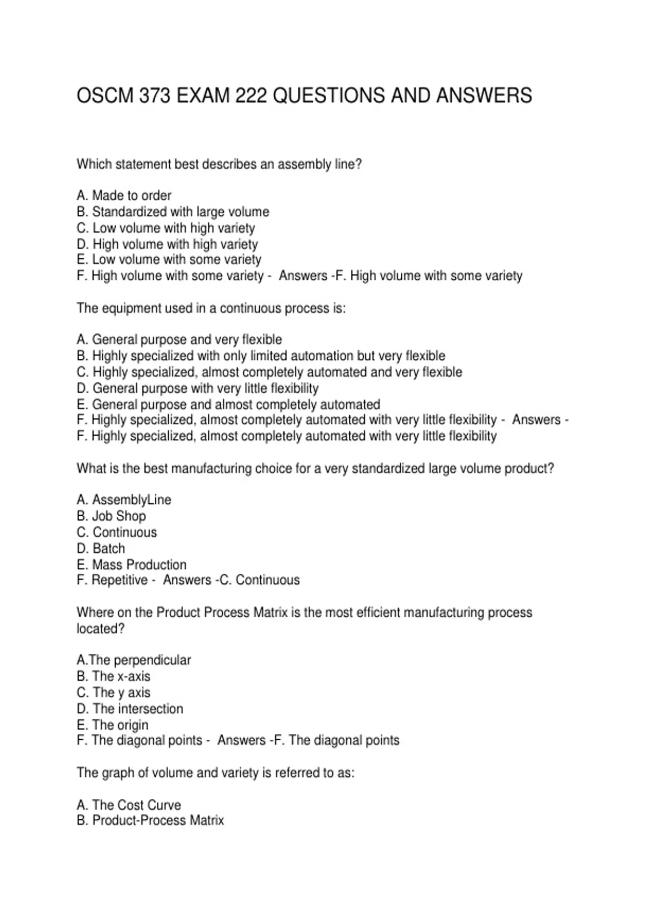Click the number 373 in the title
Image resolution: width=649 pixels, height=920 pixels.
[x=155, y=96]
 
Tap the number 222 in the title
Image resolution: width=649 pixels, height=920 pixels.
[x=251, y=96]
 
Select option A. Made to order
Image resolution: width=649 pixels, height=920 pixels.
[x=124, y=195]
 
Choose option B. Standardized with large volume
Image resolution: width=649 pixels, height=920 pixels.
[x=173, y=212]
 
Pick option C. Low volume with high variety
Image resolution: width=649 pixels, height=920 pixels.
[x=165, y=228]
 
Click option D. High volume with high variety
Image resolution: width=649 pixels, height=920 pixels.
[x=167, y=244]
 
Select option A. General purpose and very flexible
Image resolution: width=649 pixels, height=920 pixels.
[x=179, y=339]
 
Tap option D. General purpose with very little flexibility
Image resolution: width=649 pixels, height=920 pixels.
[x=197, y=388]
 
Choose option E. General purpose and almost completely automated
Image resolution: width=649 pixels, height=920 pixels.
[x=228, y=404]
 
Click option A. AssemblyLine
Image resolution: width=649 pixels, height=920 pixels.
[x=124, y=500]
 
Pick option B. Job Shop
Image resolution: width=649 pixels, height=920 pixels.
[x=111, y=516]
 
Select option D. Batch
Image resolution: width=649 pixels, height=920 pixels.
[x=101, y=548]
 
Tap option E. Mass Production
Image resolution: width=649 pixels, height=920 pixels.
[x=131, y=564]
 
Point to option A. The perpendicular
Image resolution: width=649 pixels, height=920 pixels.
[x=134, y=660]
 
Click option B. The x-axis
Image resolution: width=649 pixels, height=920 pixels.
[x=114, y=676]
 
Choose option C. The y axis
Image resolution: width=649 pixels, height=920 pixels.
[x=114, y=693]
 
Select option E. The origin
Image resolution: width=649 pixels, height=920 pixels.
[x=112, y=725]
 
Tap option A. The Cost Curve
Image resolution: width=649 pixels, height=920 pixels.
[x=129, y=805]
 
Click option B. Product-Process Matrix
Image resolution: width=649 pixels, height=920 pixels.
[x=150, y=820]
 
